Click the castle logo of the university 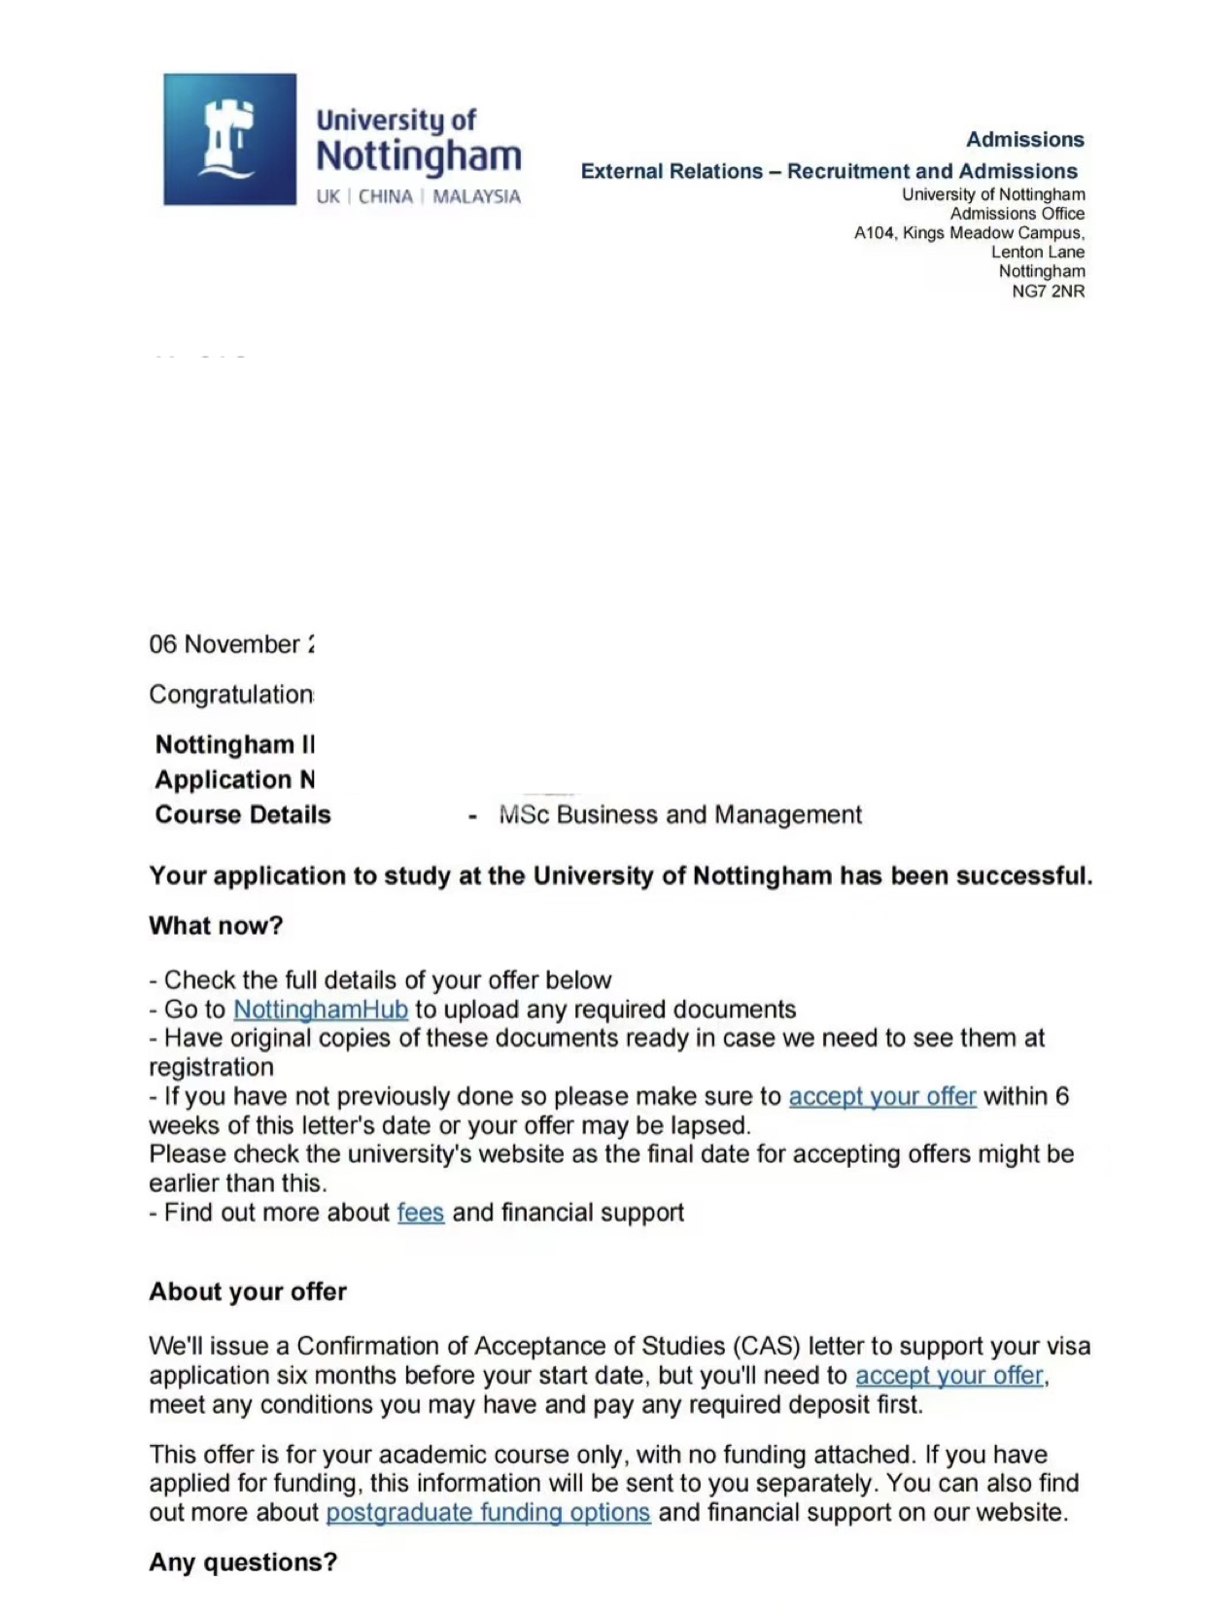click(229, 139)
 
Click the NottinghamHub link click(321, 1010)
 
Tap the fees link click(420, 1213)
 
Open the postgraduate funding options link click(488, 1513)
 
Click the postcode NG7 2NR click(1048, 292)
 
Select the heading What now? click(216, 926)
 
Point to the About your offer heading click(248, 1292)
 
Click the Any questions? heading click(243, 1562)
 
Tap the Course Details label click(243, 815)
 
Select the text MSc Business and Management click(680, 815)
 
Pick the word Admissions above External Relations click(1024, 140)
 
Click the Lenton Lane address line click(1037, 253)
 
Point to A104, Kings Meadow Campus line click(969, 233)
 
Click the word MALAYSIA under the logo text click(476, 197)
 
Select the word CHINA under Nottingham click(385, 197)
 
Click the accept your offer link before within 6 click(881, 1097)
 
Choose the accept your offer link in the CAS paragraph click(949, 1376)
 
